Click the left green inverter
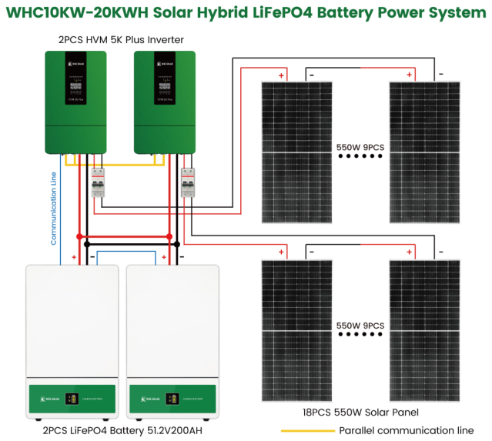74,101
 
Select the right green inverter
164,101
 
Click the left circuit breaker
98,183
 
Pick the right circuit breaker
187,183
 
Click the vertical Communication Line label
54,208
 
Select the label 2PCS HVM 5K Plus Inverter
120,39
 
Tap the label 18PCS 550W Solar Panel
362,413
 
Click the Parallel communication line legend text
406,430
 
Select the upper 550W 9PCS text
360,145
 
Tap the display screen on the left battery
71,399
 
